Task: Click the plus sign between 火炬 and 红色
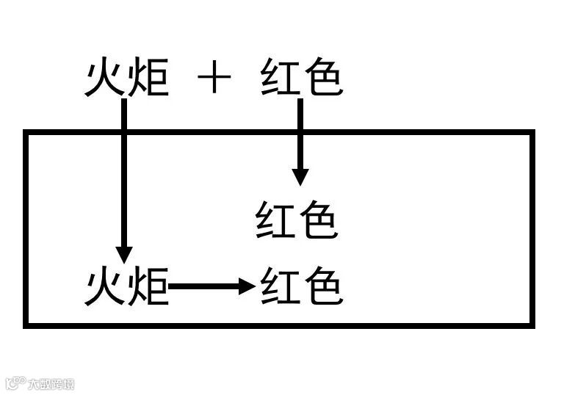pyautogui.click(x=214, y=79)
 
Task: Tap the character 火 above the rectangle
pyautogui.click(x=104, y=79)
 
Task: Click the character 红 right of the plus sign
pyautogui.click(x=280, y=79)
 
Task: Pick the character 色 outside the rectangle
pyautogui.click(x=322, y=79)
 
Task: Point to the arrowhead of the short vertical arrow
pyautogui.click(x=300, y=176)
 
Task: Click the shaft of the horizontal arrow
pyautogui.click(x=206, y=286)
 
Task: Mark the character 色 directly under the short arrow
pyautogui.click(x=318, y=220)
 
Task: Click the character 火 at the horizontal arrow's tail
pyautogui.click(x=104, y=286)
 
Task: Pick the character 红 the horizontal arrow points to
pyautogui.click(x=280, y=286)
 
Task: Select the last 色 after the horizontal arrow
pyautogui.click(x=322, y=286)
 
